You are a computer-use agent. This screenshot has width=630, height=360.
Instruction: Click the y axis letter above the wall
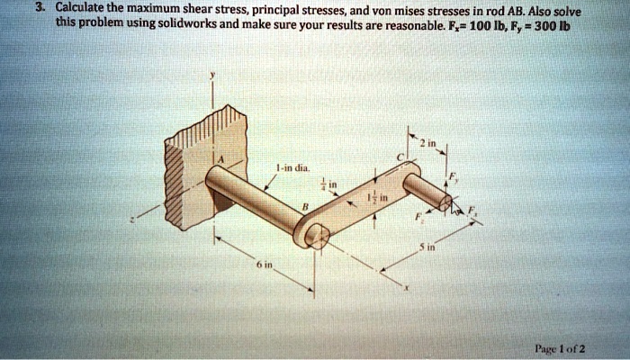212,77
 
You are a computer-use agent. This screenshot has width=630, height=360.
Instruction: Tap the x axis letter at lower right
407,289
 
